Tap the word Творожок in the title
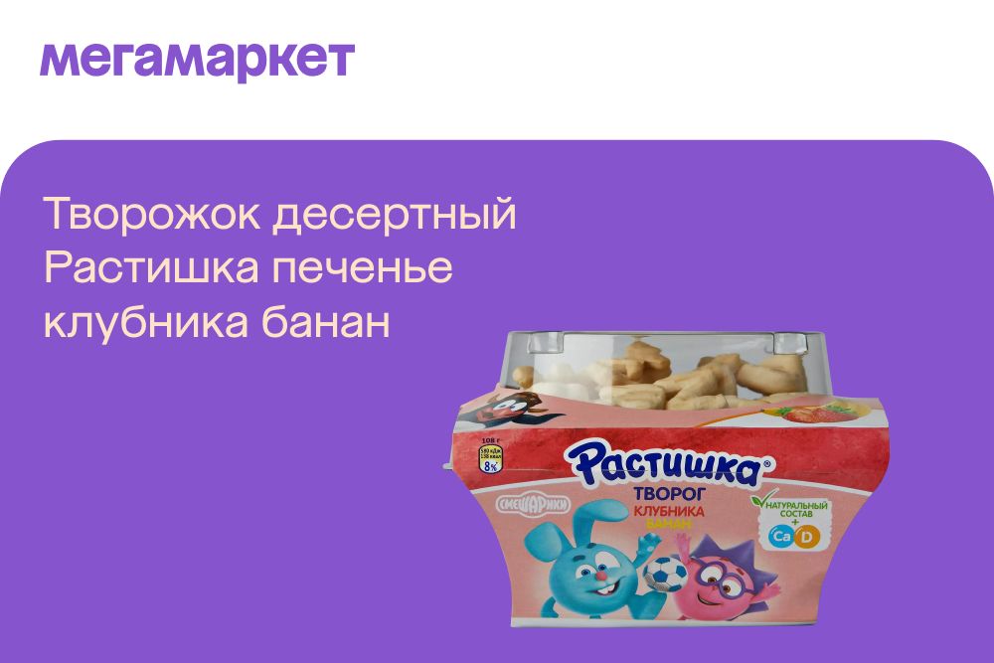150,216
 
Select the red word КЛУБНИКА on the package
669,511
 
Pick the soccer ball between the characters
665,574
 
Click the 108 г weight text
488,440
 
